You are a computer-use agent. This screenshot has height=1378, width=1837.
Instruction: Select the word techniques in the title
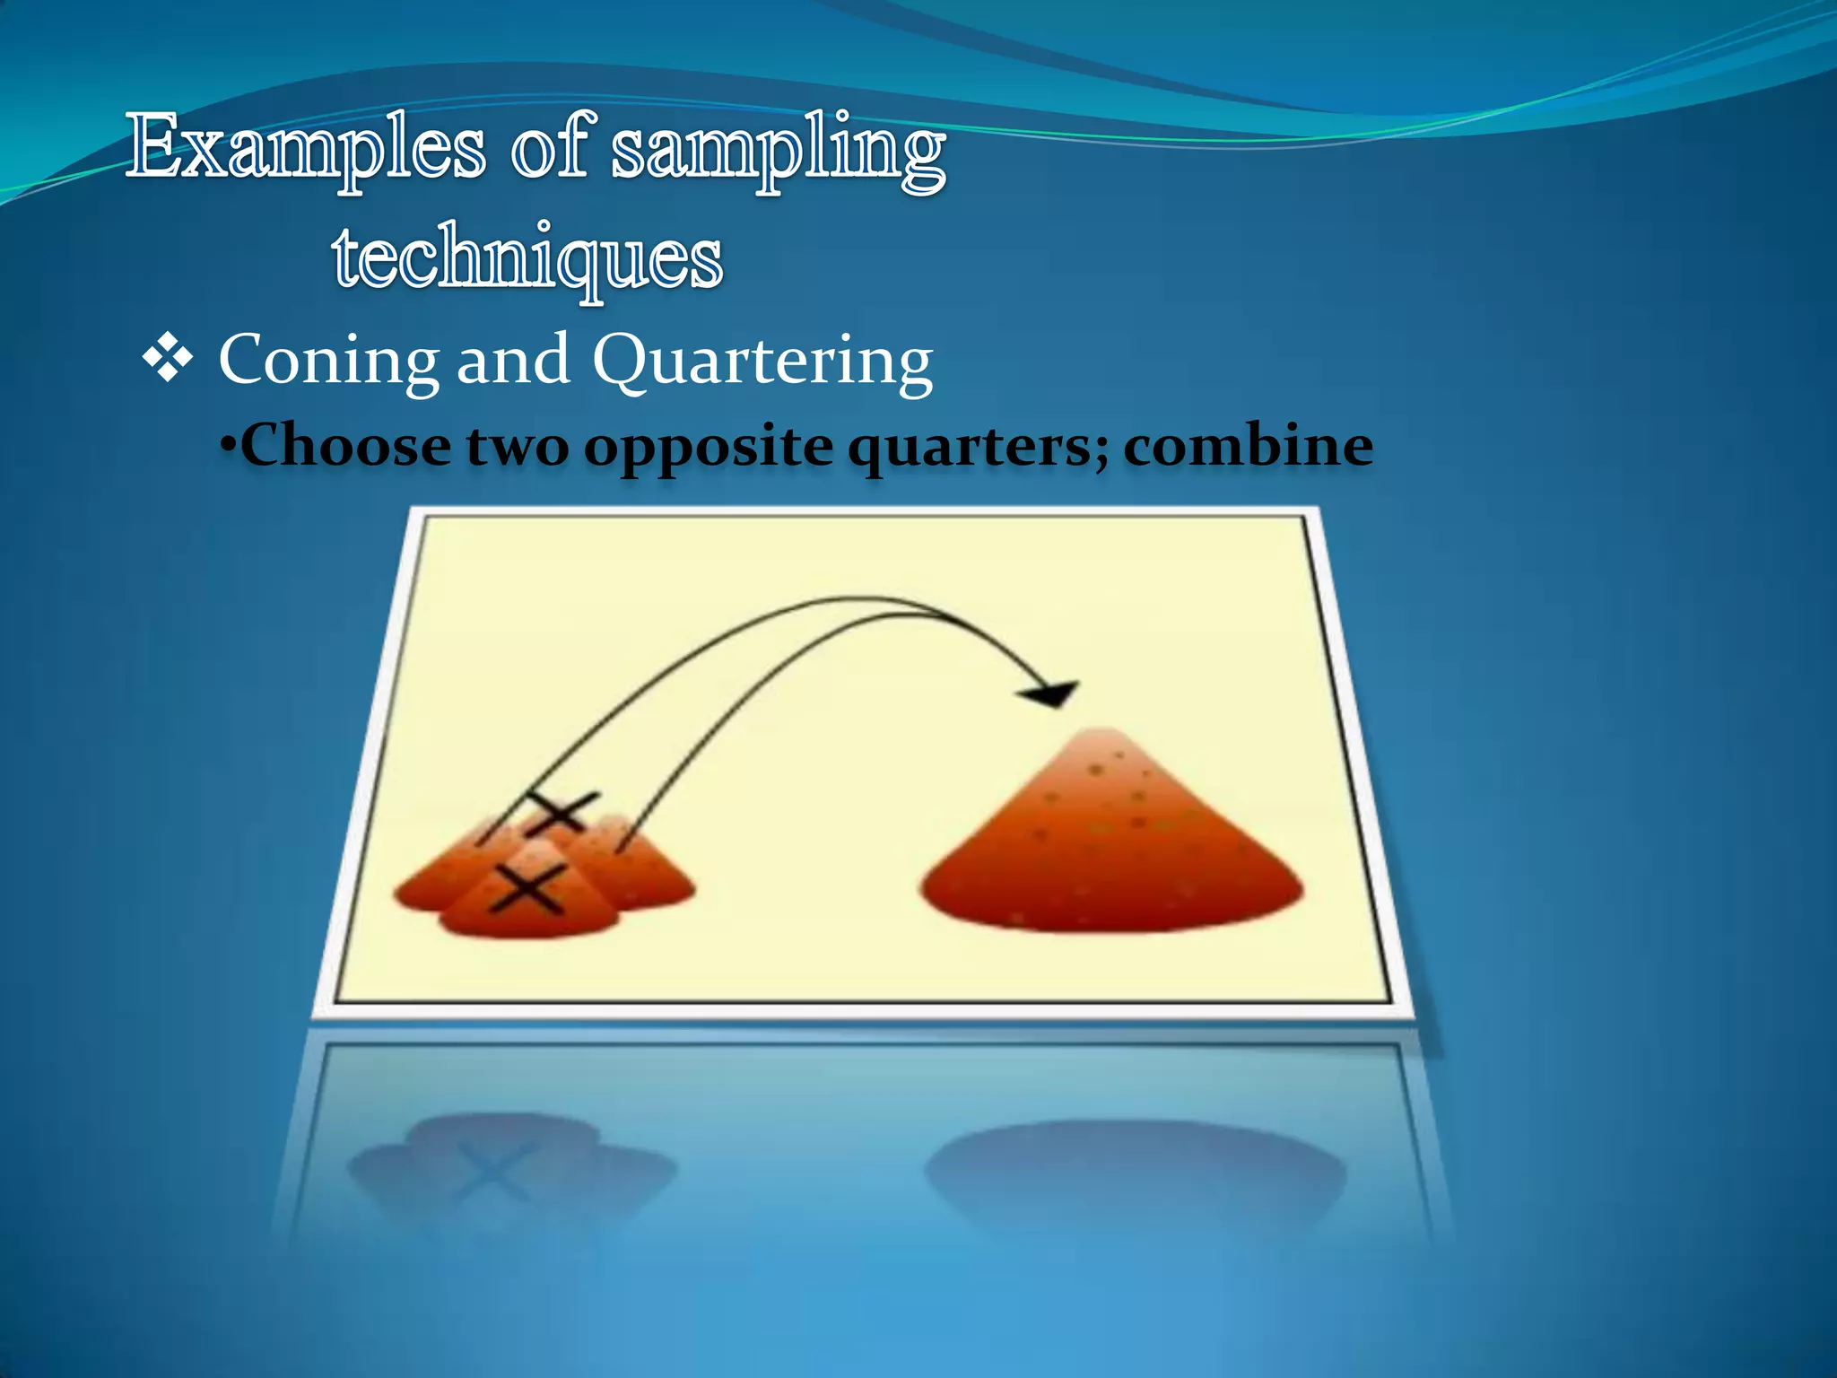[527, 257]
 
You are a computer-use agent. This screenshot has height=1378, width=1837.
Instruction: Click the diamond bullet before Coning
[168, 361]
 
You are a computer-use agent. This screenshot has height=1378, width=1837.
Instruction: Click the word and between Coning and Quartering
[513, 360]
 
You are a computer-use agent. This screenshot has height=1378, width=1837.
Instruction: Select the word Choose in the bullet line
[345, 445]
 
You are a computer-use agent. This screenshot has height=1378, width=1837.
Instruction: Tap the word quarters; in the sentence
[978, 447]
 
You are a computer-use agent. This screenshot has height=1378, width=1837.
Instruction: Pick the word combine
[1248, 445]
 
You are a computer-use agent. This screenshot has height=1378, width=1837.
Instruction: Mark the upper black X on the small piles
[561, 813]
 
